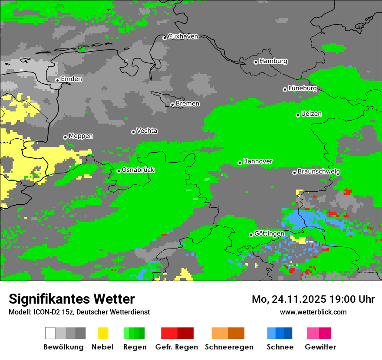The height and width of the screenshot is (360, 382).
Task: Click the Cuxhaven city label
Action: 183,36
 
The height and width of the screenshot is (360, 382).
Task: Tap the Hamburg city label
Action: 273,61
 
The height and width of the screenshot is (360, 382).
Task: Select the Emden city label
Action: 71,79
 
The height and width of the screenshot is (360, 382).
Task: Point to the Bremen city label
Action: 188,104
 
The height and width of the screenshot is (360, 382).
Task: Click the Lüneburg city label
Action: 303,88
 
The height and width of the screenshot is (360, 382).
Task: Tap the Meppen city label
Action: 81,136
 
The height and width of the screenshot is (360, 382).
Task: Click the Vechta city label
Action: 147,131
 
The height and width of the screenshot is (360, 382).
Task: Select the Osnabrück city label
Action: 138,170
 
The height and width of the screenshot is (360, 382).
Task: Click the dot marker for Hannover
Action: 240,163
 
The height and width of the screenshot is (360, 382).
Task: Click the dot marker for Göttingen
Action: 251,235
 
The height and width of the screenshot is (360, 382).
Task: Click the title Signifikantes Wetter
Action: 72,299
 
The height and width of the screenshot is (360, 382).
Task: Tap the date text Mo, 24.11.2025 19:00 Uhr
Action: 313,299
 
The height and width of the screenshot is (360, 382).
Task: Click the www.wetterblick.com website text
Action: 313,312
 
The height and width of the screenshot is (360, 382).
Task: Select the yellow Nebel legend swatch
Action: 103,333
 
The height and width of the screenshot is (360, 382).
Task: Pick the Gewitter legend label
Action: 320,347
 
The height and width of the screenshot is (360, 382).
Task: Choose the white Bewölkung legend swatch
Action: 50,333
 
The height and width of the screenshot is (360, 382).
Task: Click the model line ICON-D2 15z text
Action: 79,312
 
